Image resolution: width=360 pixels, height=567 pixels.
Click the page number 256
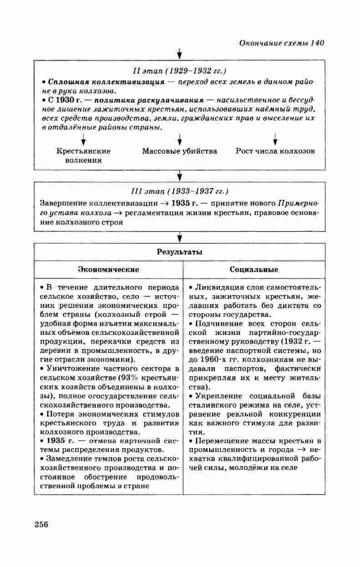[41, 524]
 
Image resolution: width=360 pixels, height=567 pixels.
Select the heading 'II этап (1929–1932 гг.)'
[179, 71]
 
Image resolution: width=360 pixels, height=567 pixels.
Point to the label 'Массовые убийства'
[179, 151]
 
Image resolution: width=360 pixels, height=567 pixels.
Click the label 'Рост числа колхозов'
[275, 151]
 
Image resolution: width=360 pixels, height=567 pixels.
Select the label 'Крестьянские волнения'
[83, 156]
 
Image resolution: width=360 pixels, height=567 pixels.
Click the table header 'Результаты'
[179, 252]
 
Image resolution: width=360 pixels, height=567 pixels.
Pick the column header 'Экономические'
[108, 270]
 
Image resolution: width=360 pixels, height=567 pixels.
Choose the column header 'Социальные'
[254, 270]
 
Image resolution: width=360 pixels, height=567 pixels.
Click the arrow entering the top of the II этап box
[179, 54]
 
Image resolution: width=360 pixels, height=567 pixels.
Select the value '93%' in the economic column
[127, 378]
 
